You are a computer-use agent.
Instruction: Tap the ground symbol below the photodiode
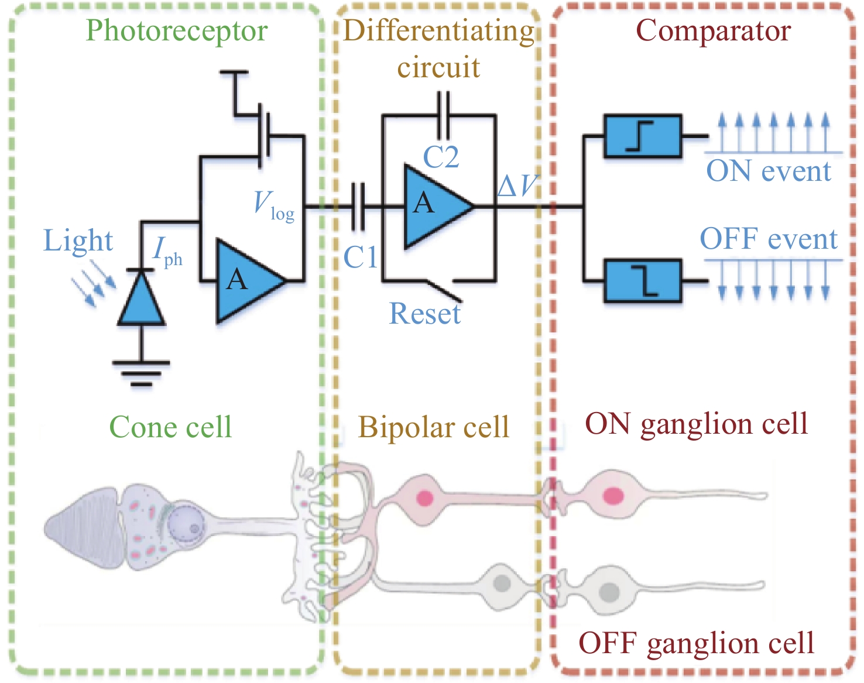pyautogui.click(x=141, y=372)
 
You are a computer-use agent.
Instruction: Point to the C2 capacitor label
pyautogui.click(x=441, y=157)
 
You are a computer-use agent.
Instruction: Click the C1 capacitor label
pyautogui.click(x=360, y=257)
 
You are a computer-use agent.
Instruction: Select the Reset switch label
pyautogui.click(x=425, y=313)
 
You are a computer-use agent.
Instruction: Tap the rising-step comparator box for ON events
pyautogui.click(x=642, y=136)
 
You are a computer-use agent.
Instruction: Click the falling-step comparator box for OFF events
pyautogui.click(x=642, y=280)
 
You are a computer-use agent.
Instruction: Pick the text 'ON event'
pyautogui.click(x=768, y=171)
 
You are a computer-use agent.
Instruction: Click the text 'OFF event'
pyautogui.click(x=769, y=239)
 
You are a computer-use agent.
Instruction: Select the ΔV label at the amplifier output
pyautogui.click(x=517, y=186)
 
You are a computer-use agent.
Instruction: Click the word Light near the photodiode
pyautogui.click(x=78, y=241)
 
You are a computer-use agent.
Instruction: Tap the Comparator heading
pyautogui.click(x=713, y=30)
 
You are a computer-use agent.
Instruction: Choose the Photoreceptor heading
pyautogui.click(x=176, y=30)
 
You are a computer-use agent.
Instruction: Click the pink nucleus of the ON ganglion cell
pyautogui.click(x=612, y=496)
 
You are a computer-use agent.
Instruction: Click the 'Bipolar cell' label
pyautogui.click(x=434, y=427)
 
